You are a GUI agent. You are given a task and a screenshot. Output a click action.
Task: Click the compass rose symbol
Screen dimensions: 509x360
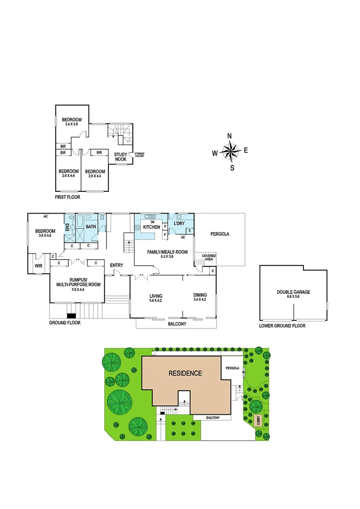(x=230, y=152)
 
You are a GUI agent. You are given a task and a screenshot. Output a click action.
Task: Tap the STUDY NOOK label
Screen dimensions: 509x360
(x=121, y=156)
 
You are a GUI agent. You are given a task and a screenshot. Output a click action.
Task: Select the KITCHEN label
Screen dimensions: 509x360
(x=152, y=227)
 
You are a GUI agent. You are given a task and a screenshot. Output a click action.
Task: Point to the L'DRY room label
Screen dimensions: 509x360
(x=179, y=223)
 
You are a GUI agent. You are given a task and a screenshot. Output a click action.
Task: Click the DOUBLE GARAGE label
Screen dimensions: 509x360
(x=294, y=292)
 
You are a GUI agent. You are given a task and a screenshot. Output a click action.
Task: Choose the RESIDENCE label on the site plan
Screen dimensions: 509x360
(x=185, y=373)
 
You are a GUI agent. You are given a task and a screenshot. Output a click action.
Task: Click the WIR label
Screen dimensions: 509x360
(x=38, y=266)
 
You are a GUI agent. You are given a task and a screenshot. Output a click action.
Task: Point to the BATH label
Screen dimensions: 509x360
(x=90, y=227)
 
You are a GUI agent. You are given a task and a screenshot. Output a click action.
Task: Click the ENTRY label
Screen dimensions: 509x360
(x=116, y=265)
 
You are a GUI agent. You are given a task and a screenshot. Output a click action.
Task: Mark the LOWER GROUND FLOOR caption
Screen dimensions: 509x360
(x=282, y=326)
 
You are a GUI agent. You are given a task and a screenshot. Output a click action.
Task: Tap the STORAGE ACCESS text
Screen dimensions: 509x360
(x=139, y=155)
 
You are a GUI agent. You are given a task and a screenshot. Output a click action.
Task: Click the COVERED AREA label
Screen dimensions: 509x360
(x=209, y=257)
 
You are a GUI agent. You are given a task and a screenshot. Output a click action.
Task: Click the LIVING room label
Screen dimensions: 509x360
(x=155, y=295)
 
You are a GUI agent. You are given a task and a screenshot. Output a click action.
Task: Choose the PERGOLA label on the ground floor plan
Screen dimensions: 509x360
(x=220, y=233)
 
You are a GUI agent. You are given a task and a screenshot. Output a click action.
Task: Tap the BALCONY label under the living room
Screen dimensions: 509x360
(x=177, y=324)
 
